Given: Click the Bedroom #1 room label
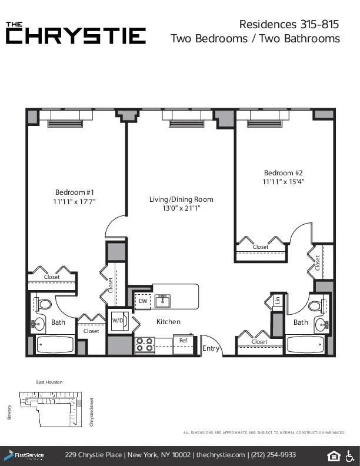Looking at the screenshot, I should click(75, 192).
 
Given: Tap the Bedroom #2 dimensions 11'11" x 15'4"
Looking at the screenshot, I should click(283, 182).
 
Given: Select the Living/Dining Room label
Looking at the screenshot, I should click(181, 199).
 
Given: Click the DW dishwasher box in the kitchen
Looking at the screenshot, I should click(143, 301).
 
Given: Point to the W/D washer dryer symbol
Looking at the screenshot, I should click(118, 321).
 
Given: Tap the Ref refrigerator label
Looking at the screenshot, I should click(183, 341).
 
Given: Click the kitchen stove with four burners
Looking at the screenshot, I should click(145, 345).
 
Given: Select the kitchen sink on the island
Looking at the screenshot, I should click(162, 301).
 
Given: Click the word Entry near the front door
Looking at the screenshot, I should click(211, 348).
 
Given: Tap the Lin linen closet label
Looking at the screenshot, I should click(277, 301).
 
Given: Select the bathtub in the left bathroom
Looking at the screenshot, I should click(55, 344).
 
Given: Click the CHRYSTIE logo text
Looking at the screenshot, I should click(76, 36).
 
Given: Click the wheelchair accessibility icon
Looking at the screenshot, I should click(349, 455).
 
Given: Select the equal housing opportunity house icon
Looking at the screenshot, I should click(333, 455).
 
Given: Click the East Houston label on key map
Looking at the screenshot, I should click(49, 382).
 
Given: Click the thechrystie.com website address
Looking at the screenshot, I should click(221, 455).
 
